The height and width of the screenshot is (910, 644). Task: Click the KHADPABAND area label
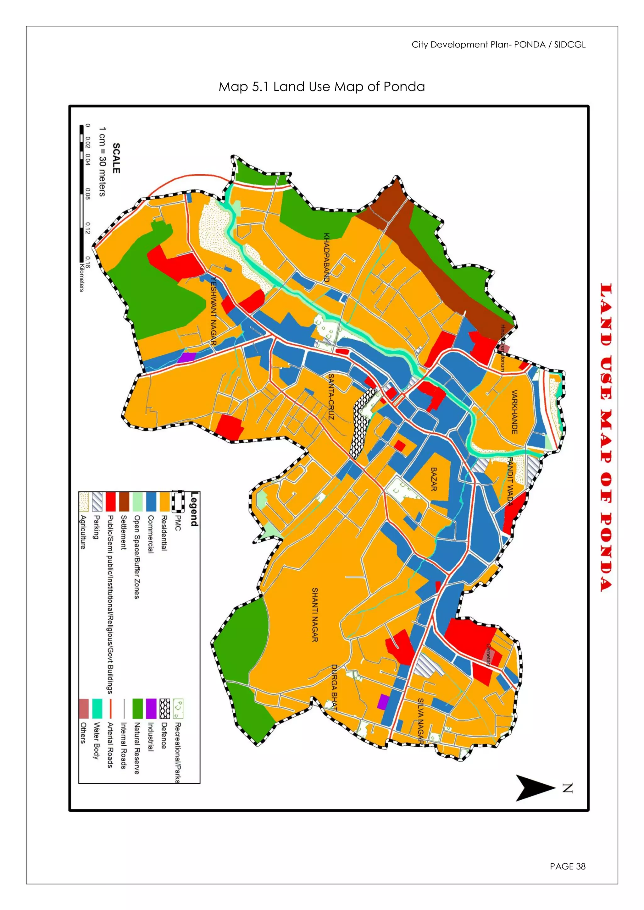click(x=326, y=257)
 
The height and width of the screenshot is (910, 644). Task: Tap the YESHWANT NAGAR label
click(x=214, y=311)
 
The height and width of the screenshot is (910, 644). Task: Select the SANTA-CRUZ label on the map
click(x=331, y=396)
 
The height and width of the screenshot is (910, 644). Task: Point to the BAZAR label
click(x=434, y=479)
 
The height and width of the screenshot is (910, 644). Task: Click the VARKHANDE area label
click(x=514, y=412)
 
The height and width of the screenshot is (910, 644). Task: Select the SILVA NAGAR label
click(x=421, y=721)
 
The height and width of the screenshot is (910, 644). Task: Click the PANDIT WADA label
click(x=510, y=482)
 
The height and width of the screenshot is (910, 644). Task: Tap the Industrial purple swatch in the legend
click(x=151, y=709)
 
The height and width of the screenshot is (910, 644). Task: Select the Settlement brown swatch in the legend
click(x=124, y=502)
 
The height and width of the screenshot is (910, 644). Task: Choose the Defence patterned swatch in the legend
click(x=164, y=709)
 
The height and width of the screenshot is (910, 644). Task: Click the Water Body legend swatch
click(x=97, y=709)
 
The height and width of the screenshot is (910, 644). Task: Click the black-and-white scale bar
click(x=82, y=194)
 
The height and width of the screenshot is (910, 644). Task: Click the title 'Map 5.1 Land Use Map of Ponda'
click(x=322, y=87)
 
